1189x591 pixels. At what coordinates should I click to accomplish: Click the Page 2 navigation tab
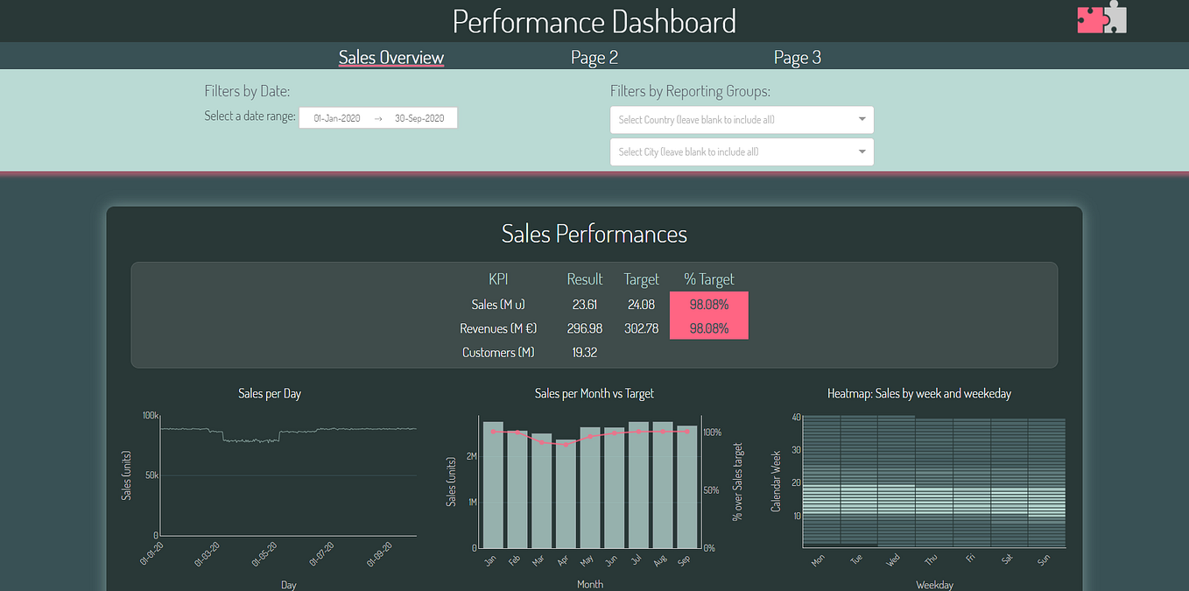pos(594,58)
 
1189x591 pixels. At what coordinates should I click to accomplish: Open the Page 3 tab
pos(798,58)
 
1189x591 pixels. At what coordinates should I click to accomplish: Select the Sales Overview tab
pos(391,58)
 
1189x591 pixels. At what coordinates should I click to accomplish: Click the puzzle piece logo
pos(1102,18)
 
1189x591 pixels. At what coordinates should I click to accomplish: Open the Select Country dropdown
pos(742,120)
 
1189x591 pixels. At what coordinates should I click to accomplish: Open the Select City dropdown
pos(742,151)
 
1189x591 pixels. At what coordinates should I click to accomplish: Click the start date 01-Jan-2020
pos(336,118)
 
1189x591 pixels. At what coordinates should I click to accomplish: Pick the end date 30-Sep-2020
pos(419,118)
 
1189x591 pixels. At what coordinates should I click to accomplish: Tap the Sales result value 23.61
pos(584,305)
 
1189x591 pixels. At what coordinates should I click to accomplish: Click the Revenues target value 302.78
pos(641,328)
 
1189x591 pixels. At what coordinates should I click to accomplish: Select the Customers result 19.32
pos(584,352)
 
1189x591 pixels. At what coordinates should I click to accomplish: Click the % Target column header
pos(709,279)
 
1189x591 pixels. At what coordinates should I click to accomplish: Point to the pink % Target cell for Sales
pos(709,305)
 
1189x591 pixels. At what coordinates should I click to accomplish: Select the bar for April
pos(566,495)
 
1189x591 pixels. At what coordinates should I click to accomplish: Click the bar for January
pos(493,486)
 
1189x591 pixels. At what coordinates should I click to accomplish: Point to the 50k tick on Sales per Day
pos(151,475)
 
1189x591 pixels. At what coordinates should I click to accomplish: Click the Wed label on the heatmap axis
pos(892,559)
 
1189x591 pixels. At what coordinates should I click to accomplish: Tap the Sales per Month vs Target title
pos(594,394)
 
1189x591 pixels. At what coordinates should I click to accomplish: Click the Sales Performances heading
pos(594,234)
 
